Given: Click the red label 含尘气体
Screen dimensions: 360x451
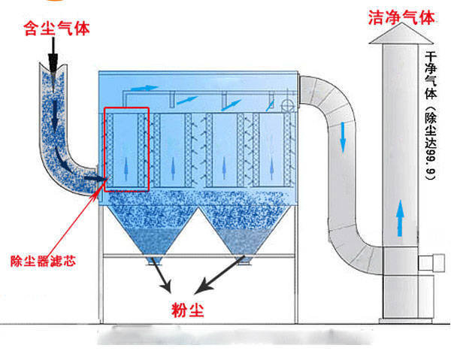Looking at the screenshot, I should tap(56, 29).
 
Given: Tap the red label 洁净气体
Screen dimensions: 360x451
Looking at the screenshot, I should tap(401, 16).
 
